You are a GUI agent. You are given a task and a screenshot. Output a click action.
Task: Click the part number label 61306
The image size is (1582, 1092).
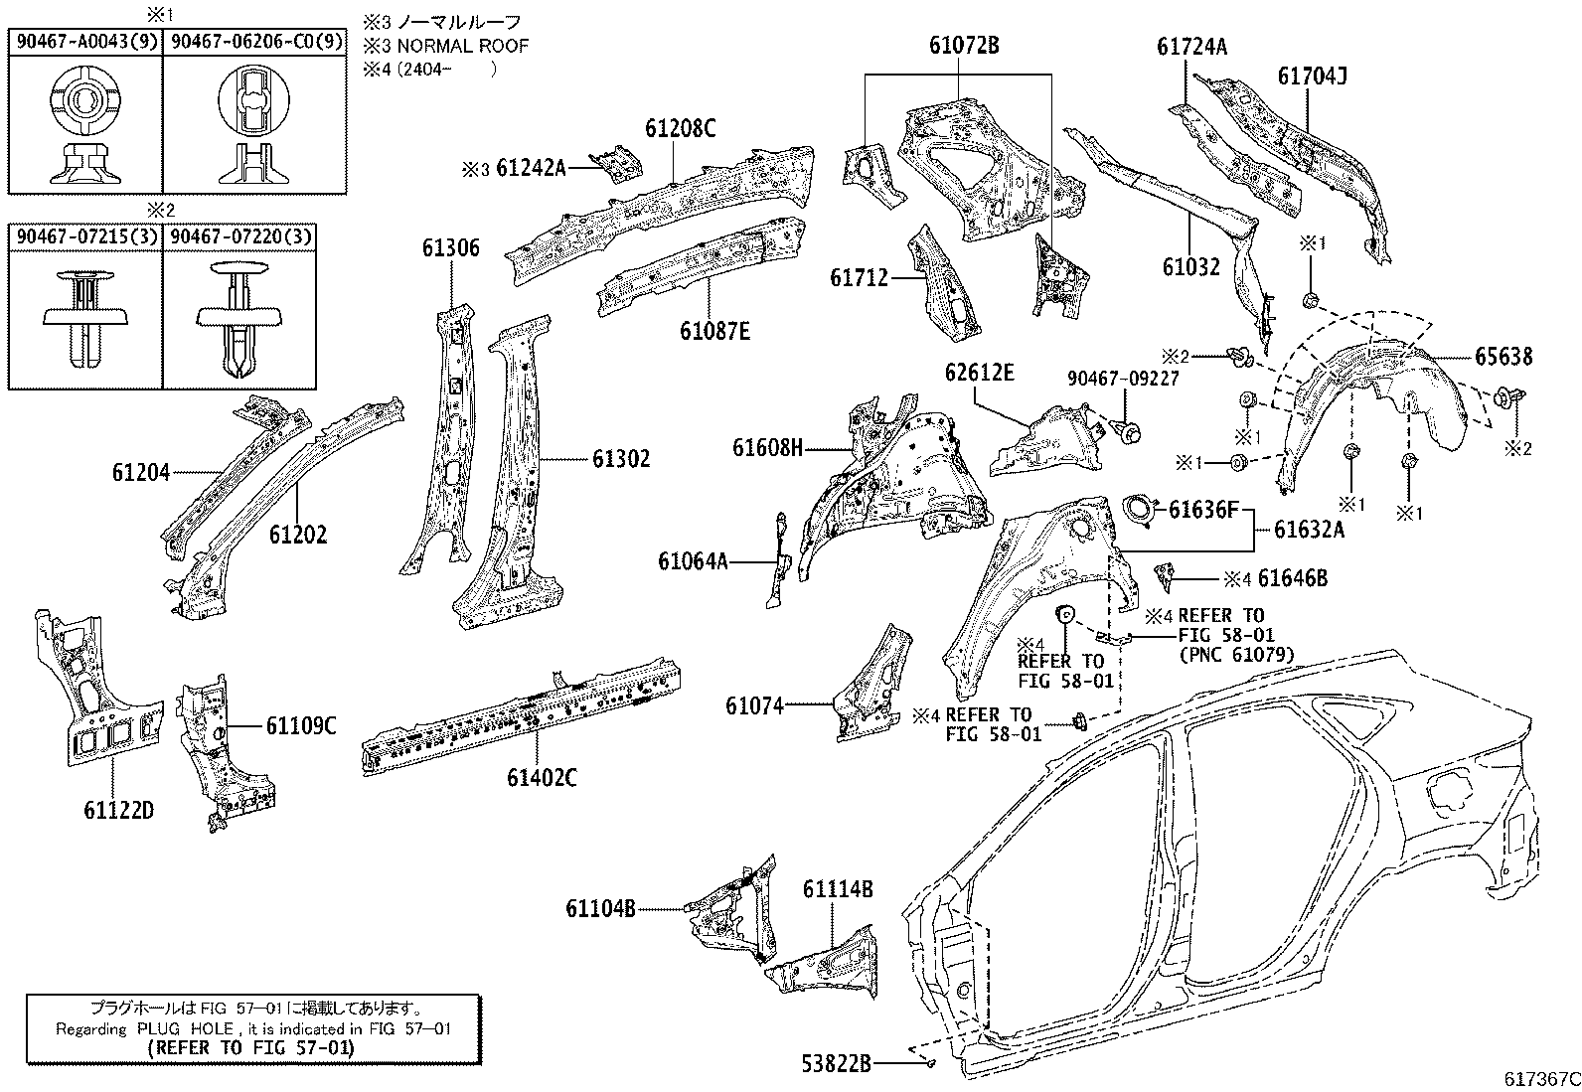point(450,248)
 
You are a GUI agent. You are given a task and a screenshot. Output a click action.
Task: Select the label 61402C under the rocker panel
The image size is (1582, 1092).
point(541,778)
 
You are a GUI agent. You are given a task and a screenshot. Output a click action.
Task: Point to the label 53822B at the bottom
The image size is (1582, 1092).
point(836,1064)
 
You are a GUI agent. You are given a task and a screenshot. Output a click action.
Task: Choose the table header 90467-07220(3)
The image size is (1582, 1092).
point(240,236)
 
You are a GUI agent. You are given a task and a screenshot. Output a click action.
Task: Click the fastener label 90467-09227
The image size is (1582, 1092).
point(1123,379)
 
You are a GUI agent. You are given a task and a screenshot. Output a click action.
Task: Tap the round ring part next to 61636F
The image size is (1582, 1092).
point(1139,509)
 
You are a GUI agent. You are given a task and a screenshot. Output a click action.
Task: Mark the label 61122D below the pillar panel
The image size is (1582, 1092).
point(118,810)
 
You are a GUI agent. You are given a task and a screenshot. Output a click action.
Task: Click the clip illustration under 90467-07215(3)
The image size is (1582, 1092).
point(85,319)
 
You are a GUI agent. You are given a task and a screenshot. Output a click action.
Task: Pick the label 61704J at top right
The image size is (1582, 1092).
point(1312,76)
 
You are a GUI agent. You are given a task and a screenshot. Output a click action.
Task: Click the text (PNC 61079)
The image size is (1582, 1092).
point(1236,654)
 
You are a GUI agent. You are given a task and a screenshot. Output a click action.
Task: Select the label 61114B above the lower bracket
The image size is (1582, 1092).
point(838,889)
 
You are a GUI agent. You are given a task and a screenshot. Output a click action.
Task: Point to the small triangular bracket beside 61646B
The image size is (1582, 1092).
point(1164,576)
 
